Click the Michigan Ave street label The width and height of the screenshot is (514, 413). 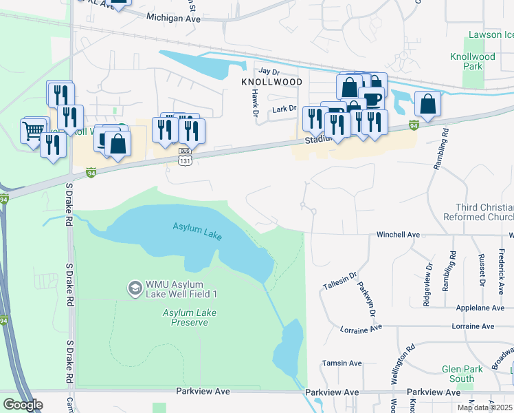coord(172,19)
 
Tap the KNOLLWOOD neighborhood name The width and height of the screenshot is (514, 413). coord(272,81)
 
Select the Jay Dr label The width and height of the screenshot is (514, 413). coord(269,71)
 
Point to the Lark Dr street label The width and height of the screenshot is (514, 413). coord(283,109)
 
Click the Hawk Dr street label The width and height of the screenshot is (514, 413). coord(254,103)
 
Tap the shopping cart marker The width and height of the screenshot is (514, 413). coord(33,129)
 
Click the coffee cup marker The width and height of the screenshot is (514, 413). coord(372,98)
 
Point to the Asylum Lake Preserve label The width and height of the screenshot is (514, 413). coord(186,317)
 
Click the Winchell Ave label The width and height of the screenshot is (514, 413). coord(397,235)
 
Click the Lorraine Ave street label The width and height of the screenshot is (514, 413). coord(361,330)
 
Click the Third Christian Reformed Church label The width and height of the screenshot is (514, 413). coord(484,213)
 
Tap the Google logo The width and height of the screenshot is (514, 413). coord(23,404)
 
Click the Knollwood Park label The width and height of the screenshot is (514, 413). coord(473,62)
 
